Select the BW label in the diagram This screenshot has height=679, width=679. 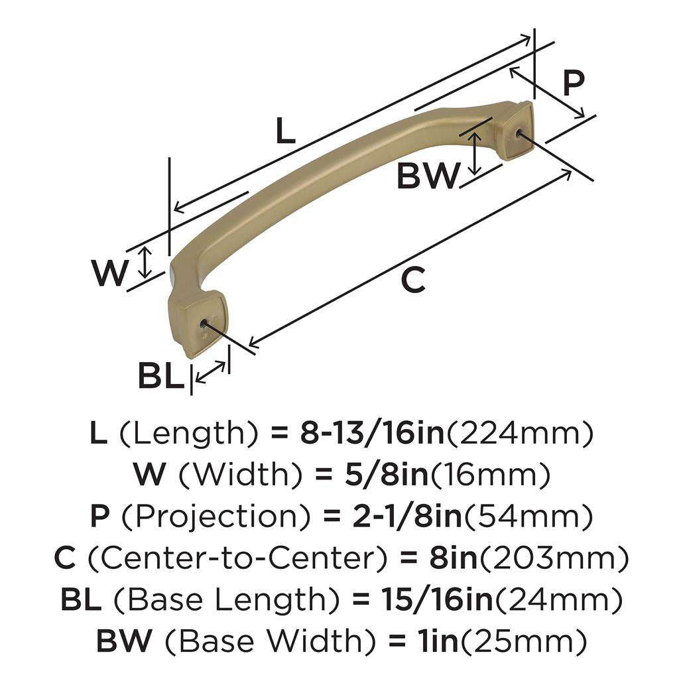(428, 176)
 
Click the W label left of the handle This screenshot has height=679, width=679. (110, 273)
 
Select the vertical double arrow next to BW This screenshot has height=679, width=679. (475, 153)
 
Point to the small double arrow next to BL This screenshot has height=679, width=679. (211, 373)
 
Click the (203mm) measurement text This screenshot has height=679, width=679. (554, 558)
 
